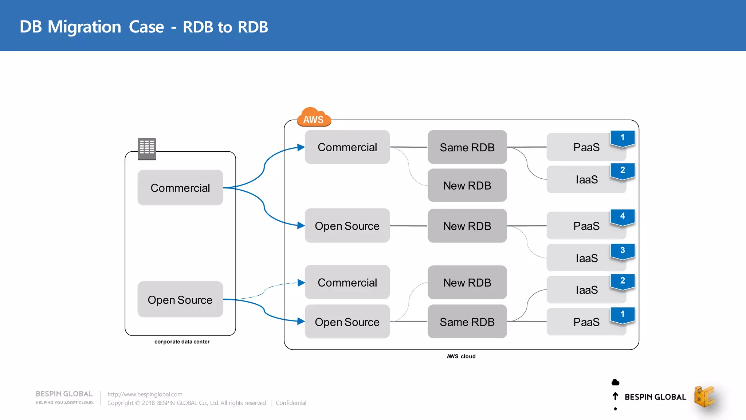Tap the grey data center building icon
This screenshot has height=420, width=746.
(x=147, y=148)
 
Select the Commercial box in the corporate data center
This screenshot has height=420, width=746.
(x=180, y=188)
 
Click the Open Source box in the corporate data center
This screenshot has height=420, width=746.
(x=180, y=299)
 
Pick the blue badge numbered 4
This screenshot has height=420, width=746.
(x=623, y=217)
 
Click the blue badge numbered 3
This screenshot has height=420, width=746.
(x=623, y=251)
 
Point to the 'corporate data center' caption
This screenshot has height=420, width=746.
(x=182, y=342)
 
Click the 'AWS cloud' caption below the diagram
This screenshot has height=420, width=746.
(x=461, y=356)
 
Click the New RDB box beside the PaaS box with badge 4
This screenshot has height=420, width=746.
(x=467, y=226)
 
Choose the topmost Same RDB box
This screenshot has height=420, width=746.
(x=467, y=147)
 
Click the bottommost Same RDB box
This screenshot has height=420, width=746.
(x=467, y=322)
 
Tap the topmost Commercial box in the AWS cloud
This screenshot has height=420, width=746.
(x=347, y=147)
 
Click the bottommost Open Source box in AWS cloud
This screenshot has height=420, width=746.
(x=347, y=322)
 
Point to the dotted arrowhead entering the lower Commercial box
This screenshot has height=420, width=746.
(x=301, y=283)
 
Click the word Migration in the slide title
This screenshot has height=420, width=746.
(x=84, y=27)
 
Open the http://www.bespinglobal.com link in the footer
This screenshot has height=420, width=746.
(x=145, y=394)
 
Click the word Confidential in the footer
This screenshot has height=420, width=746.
(x=291, y=403)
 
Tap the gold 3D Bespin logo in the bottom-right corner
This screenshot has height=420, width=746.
(x=704, y=397)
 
